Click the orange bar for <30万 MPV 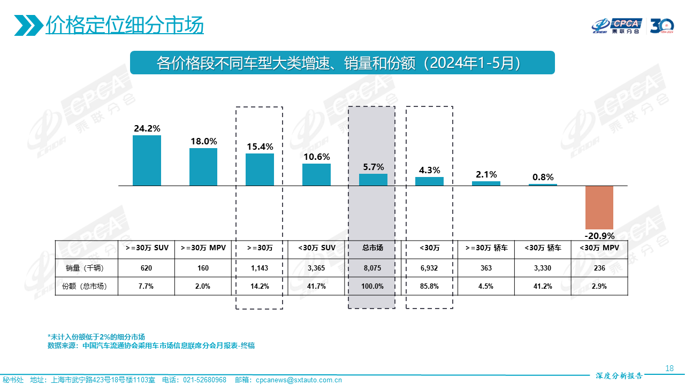tap(599, 207)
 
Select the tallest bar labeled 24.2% tap(147, 160)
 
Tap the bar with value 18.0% tap(203, 167)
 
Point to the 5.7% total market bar tap(373, 180)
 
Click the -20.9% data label tap(599, 236)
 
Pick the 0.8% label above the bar tap(543, 177)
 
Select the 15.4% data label tap(260, 146)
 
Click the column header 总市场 tap(373, 248)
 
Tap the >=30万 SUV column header tap(147, 248)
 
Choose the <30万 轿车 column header tap(543, 248)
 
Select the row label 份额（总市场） tap(85, 286)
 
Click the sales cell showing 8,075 tap(373, 267)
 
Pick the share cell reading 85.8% tap(429, 286)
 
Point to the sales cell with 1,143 tap(260, 267)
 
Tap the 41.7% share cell tap(316, 286)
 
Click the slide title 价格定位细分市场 tap(125, 25)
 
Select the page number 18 tap(669, 368)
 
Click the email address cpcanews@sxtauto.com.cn tap(299, 380)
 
